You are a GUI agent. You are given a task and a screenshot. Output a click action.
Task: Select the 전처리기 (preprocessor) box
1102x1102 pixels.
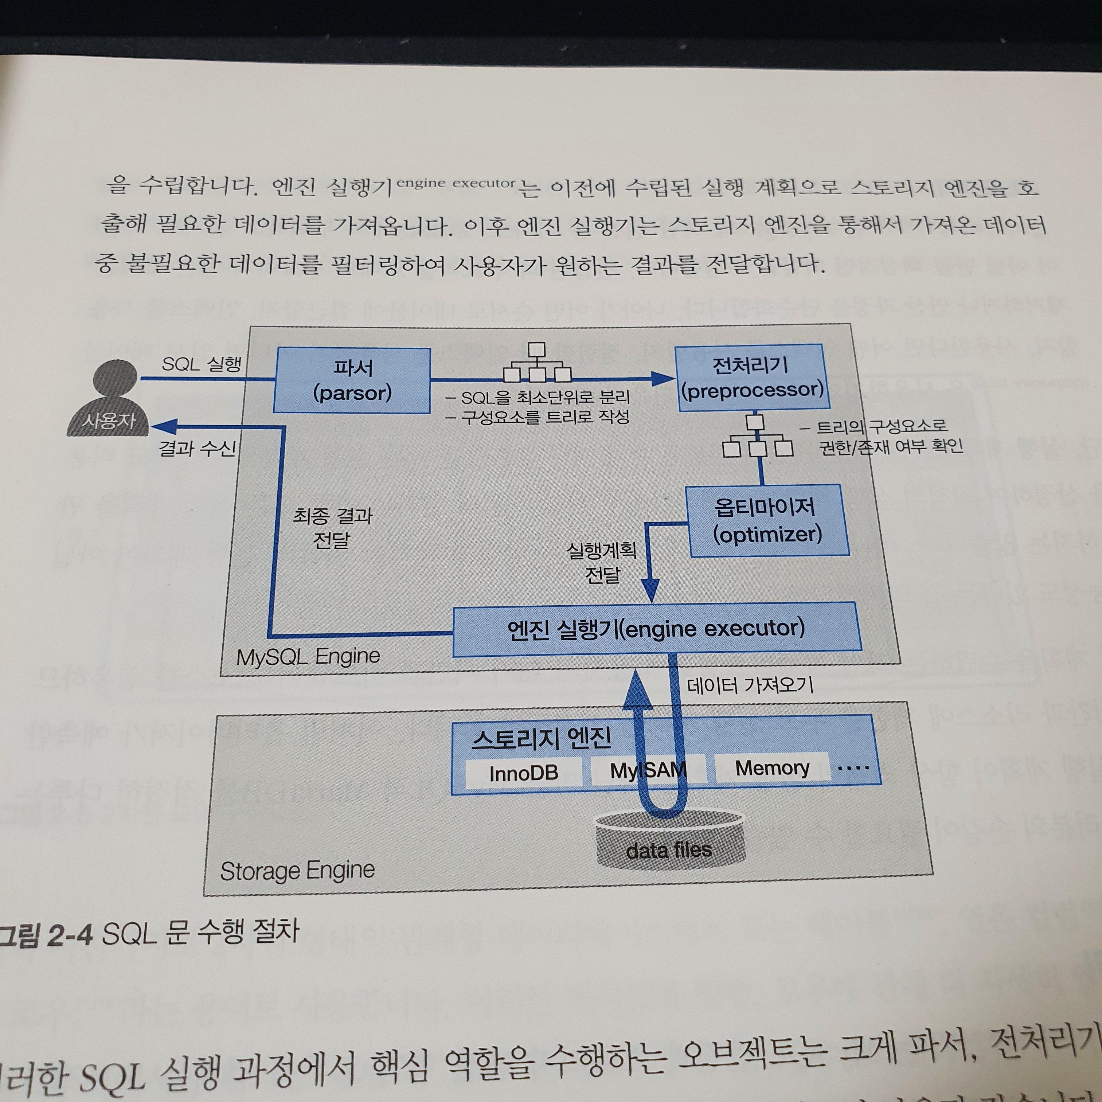[753, 377]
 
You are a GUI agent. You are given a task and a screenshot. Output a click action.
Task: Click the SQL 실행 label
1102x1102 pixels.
[202, 364]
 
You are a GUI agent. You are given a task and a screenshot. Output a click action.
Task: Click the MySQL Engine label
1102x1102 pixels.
[308, 657]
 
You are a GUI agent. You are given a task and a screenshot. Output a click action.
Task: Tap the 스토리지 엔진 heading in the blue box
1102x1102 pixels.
[541, 738]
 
